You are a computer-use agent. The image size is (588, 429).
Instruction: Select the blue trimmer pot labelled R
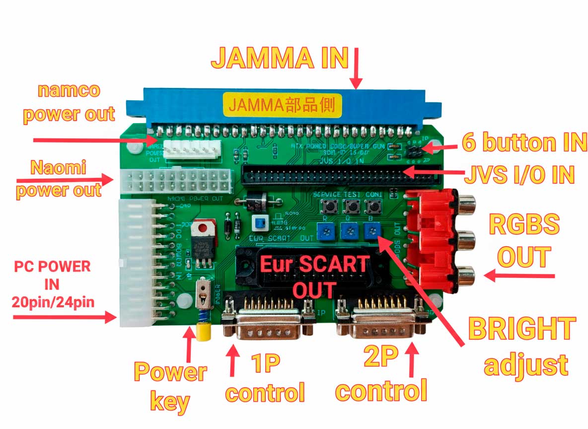[324, 229]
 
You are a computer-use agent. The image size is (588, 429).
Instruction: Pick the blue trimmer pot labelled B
[370, 229]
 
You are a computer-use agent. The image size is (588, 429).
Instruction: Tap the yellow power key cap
[203, 332]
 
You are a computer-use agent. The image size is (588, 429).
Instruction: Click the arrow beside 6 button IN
[440, 147]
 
